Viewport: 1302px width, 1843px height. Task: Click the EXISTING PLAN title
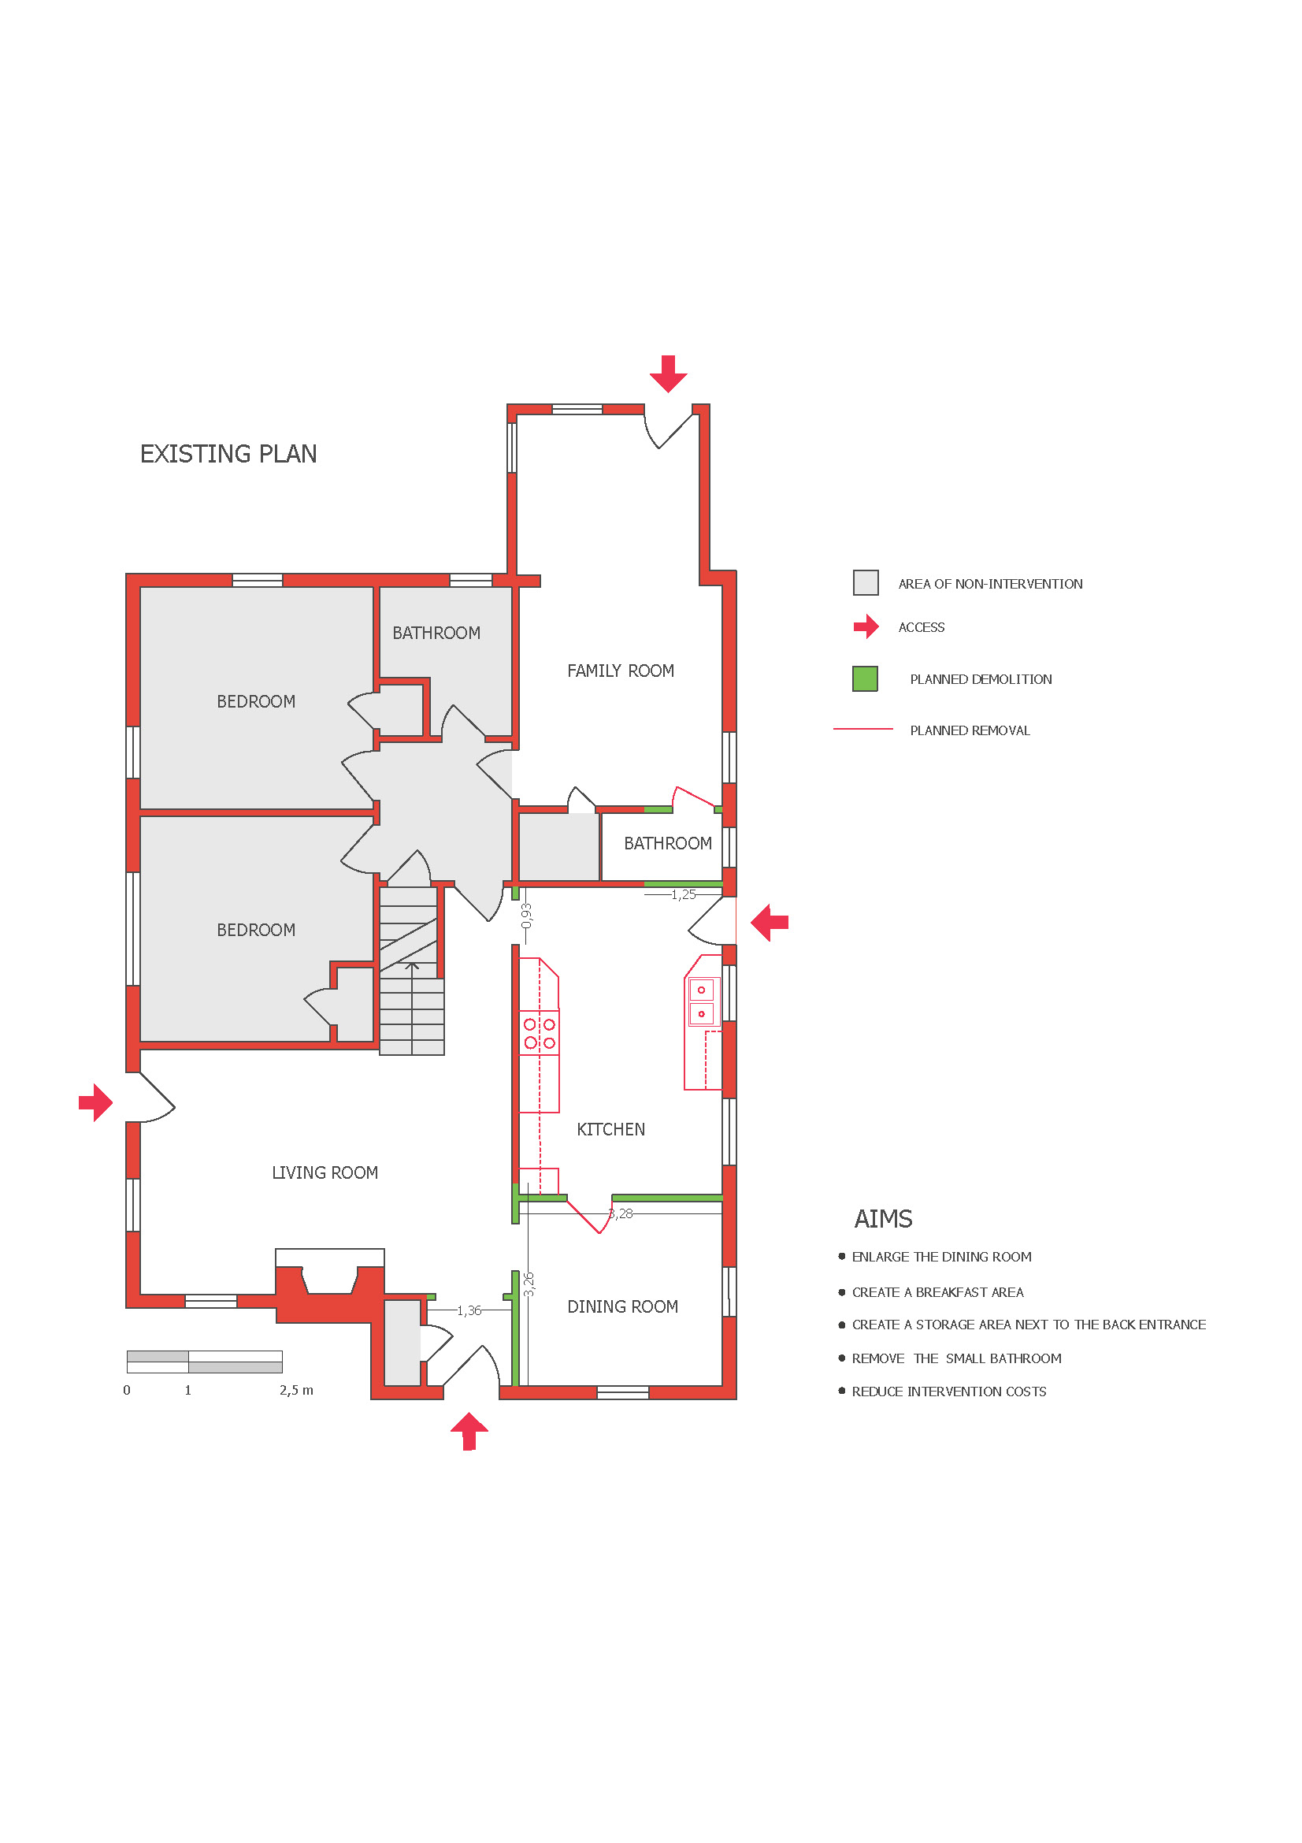coord(228,454)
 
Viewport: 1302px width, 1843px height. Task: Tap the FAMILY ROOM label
coord(620,671)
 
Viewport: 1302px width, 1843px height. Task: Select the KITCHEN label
coord(610,1128)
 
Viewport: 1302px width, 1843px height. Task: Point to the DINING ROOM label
coord(622,1306)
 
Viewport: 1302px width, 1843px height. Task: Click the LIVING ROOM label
coord(324,1172)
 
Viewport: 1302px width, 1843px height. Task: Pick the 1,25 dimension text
coord(684,894)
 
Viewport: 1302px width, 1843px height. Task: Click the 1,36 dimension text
coord(469,1310)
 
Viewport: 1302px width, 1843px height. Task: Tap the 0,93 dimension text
coord(526,915)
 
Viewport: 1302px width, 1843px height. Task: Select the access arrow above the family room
coord(667,373)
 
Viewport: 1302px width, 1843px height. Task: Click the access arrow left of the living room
coord(95,1102)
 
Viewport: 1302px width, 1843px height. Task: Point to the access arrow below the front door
coord(469,1431)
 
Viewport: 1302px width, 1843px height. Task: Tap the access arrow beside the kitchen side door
coord(770,923)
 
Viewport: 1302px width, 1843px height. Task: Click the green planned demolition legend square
coord(865,678)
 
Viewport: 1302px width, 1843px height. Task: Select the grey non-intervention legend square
coord(866,582)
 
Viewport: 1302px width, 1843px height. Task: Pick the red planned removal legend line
coord(862,729)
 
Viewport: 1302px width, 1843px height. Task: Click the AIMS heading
coord(882,1218)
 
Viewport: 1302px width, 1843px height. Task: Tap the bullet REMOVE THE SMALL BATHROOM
coord(956,1358)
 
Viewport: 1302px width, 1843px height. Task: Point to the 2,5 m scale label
coord(296,1389)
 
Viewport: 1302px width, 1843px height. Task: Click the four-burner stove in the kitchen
coord(539,1033)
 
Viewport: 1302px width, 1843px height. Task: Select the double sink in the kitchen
coord(701,1001)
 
